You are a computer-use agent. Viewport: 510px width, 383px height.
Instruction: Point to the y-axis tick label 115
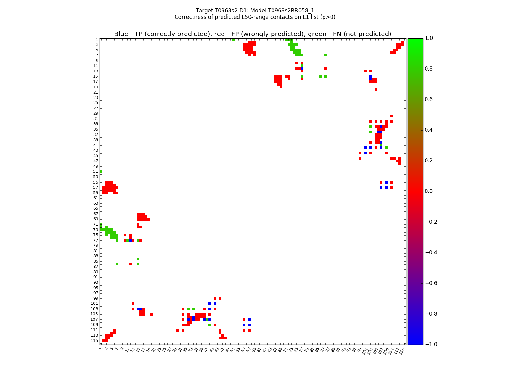pyautogui.click(x=94, y=341)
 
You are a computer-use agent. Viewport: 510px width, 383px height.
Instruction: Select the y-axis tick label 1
pyautogui.click(x=97, y=39)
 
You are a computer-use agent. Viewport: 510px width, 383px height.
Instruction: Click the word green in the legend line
pyautogui.click(x=329, y=34)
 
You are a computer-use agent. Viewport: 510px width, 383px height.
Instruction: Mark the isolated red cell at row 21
pyautogui.click(x=376, y=89)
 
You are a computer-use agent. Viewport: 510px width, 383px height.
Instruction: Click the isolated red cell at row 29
pyautogui.click(x=392, y=116)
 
